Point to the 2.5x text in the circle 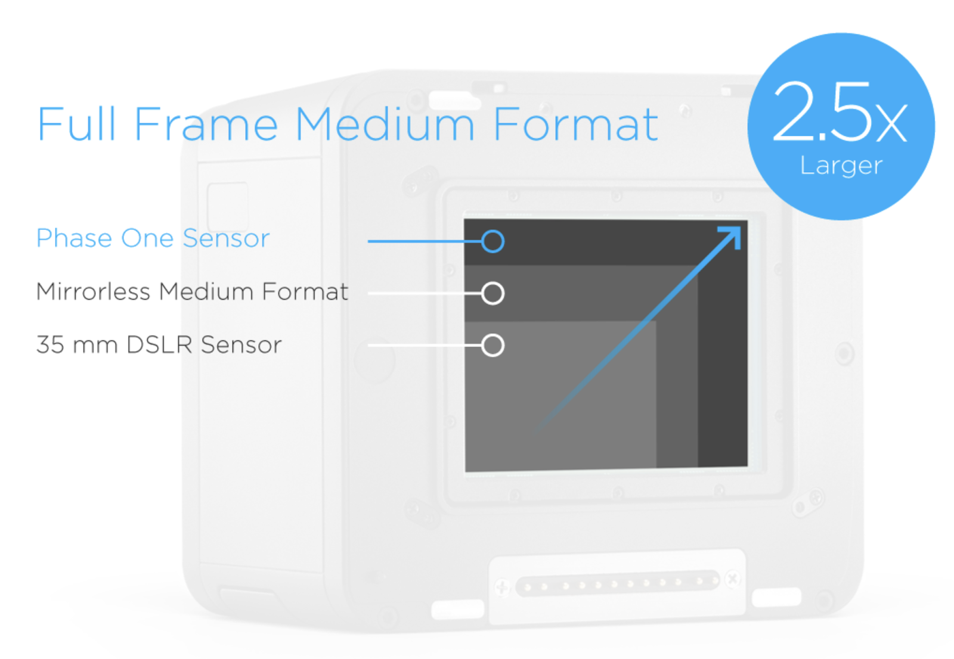click(840, 113)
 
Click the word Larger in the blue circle click(841, 166)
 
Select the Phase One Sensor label click(153, 238)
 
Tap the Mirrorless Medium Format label click(192, 292)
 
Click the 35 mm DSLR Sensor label click(159, 345)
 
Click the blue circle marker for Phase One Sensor click(493, 241)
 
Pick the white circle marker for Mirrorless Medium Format click(493, 293)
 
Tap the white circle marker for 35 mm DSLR click(493, 345)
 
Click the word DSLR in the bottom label click(159, 345)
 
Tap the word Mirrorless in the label click(93, 292)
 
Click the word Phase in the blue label click(74, 238)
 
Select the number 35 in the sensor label click(50, 345)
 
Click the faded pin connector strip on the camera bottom click(617, 582)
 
